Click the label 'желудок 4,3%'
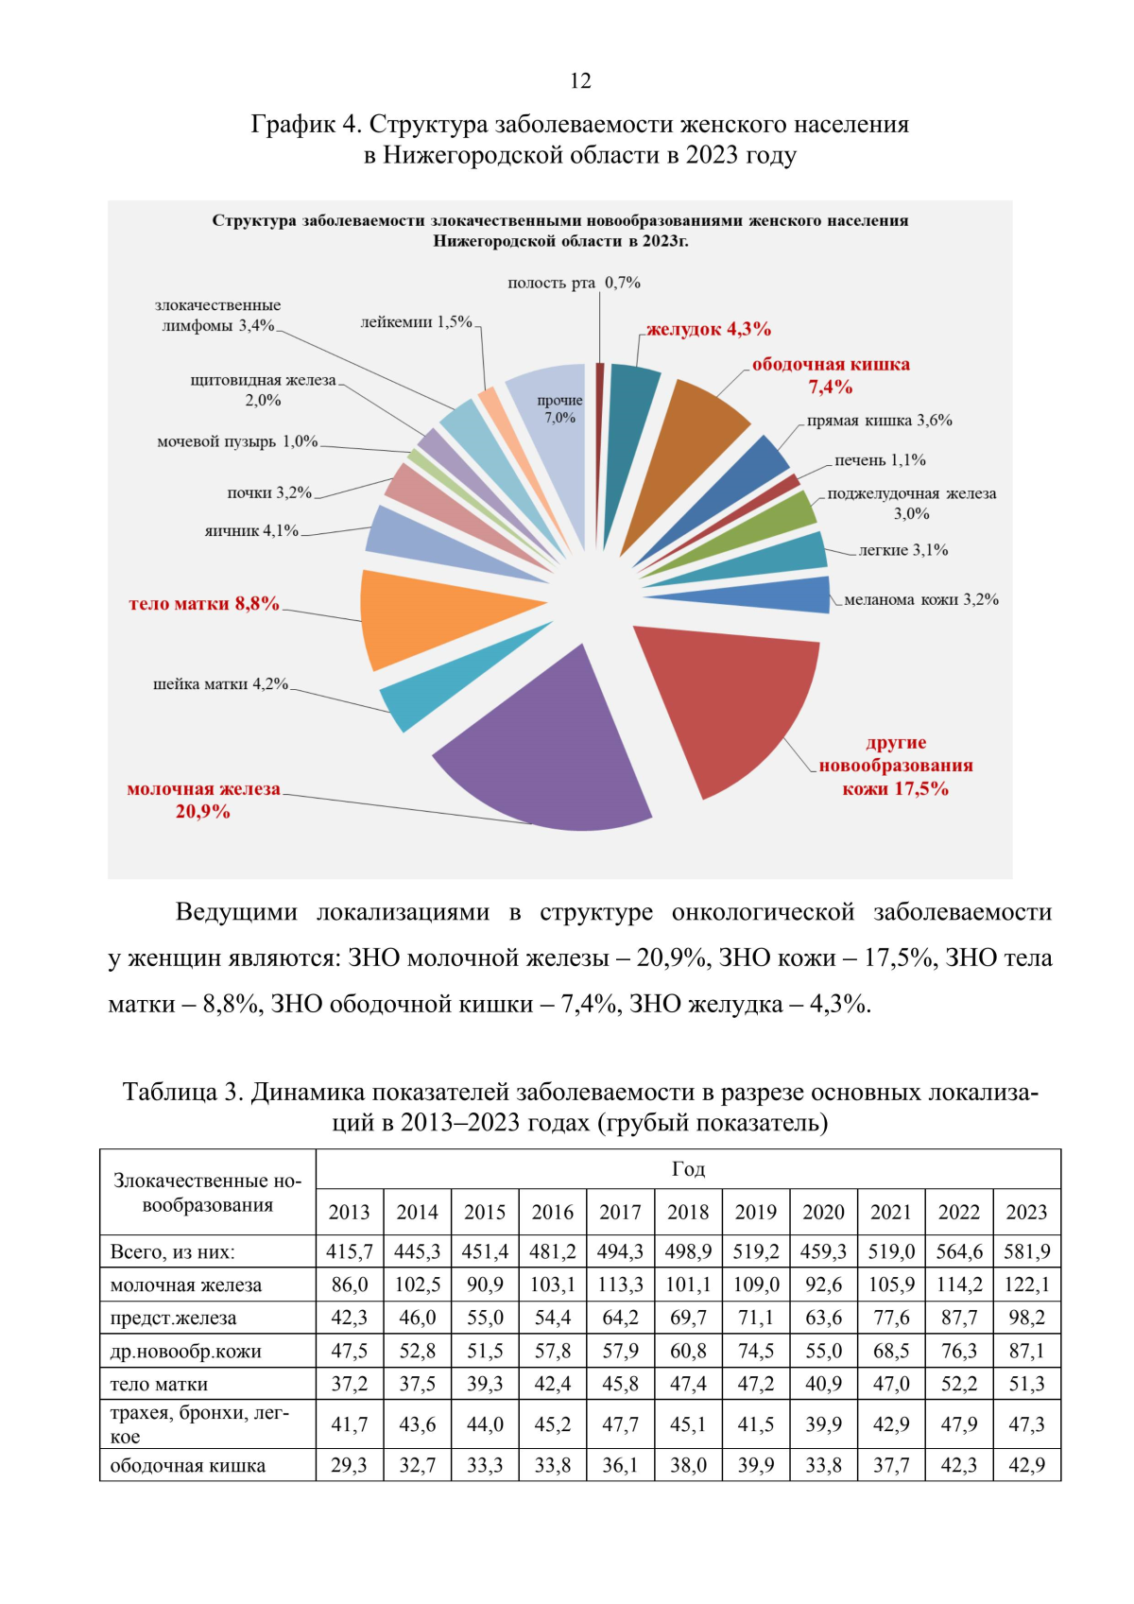(709, 329)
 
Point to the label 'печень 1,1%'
(880, 460)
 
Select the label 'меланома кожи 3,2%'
(920, 599)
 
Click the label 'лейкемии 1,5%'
(416, 322)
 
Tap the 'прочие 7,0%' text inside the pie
(559, 408)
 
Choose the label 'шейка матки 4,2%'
(220, 683)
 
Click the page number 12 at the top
(580, 81)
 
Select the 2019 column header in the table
(755, 1212)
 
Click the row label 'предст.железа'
(173, 1318)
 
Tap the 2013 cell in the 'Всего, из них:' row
(349, 1251)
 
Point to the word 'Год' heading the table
(688, 1169)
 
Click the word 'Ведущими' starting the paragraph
(236, 912)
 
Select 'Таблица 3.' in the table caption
(182, 1092)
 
